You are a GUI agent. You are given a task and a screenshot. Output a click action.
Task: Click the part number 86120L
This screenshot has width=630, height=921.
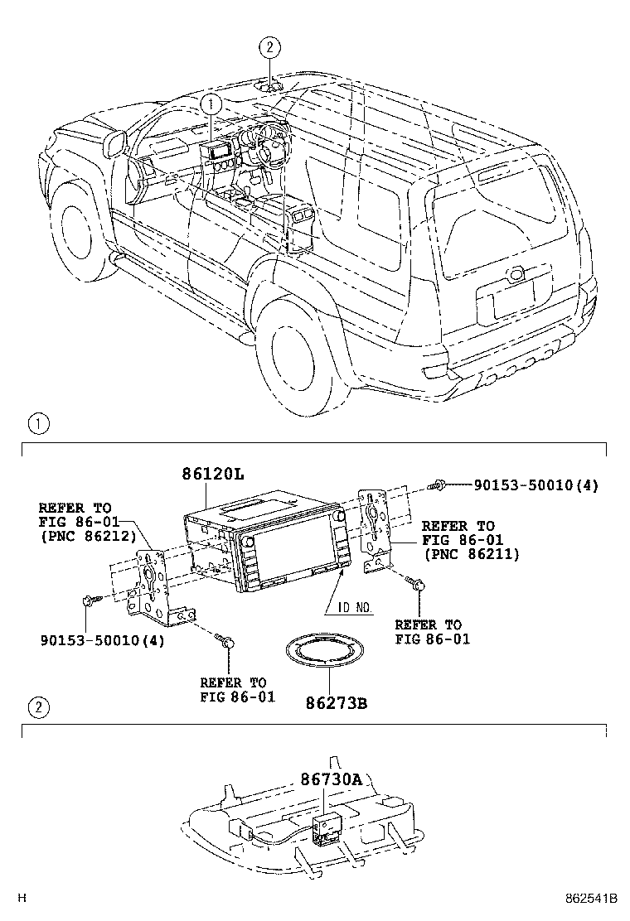point(213,474)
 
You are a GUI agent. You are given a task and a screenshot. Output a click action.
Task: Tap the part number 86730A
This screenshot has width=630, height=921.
point(332,780)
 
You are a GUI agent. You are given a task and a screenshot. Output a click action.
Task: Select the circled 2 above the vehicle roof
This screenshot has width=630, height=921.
point(270,47)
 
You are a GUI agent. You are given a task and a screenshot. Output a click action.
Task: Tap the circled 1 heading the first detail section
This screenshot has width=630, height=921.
point(38,425)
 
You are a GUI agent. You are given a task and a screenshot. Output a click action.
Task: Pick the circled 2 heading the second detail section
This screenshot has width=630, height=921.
point(38,707)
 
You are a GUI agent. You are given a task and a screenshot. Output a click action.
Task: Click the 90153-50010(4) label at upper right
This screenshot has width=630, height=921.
point(535,485)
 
